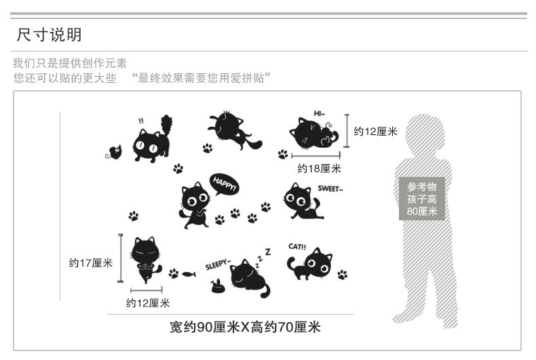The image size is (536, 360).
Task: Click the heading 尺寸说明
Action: [49, 35]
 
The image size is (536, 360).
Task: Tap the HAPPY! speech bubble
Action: [223, 184]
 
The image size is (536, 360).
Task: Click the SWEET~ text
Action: [330, 189]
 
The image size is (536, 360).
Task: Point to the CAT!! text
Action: [297, 246]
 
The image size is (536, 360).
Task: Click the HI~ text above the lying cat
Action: [319, 113]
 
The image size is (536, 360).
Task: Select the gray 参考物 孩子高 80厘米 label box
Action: [421, 199]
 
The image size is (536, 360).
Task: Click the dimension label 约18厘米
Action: [319, 168]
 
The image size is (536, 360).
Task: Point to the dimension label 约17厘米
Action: [90, 262]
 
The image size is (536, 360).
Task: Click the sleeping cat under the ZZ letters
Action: [249, 279]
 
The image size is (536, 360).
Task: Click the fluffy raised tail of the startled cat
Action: [167, 127]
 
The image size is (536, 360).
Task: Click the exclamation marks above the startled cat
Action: [141, 121]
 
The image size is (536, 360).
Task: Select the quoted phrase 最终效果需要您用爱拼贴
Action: [202, 77]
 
